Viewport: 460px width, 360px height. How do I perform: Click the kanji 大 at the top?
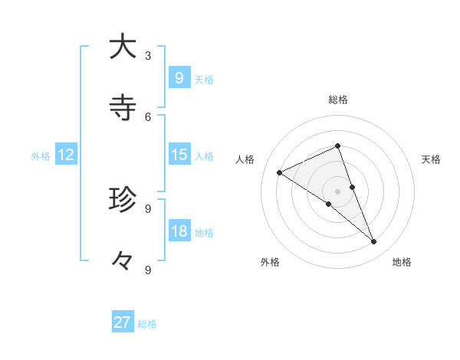coord(122,47)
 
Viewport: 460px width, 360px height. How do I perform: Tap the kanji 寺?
coord(122,108)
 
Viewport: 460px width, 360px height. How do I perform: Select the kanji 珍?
coord(122,200)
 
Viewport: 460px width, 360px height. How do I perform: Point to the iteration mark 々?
coord(122,261)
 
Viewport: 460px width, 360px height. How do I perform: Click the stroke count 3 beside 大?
coord(148,55)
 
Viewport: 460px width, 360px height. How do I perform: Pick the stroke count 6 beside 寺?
coord(148,116)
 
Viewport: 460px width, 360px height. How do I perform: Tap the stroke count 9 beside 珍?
coord(148,208)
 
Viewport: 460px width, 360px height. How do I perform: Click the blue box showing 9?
coord(179,77)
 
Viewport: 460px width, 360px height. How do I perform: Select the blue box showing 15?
coord(179,154)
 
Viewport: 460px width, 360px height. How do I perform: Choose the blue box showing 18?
coord(179,231)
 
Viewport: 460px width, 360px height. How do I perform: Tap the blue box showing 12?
coord(65,154)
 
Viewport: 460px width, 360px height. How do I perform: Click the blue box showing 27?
coord(123,322)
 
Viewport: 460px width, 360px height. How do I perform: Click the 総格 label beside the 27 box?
coord(147,324)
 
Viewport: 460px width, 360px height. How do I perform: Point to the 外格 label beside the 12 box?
coord(41,155)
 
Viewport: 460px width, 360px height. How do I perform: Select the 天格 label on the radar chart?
coord(431,159)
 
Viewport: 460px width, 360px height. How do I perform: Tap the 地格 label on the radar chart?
coord(402,262)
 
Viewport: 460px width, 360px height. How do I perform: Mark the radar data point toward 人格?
coord(280,172)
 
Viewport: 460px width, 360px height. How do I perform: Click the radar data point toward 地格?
coord(374,241)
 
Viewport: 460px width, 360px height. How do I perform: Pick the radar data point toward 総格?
coord(337,146)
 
